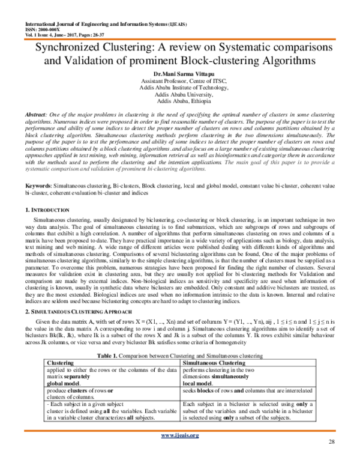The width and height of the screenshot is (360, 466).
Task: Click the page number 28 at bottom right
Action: click(332, 458)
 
